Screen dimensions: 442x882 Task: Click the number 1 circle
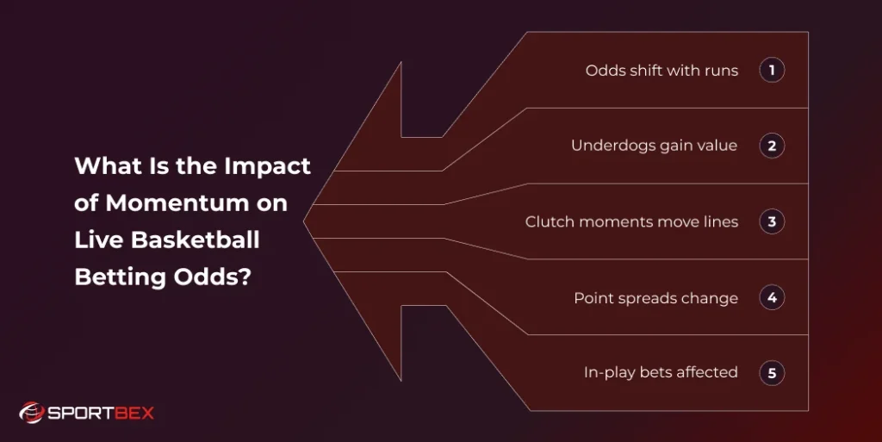click(x=772, y=70)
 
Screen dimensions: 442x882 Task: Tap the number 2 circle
click(x=772, y=146)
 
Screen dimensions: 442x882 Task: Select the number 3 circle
click(x=772, y=221)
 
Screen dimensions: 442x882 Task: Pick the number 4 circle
click(x=772, y=298)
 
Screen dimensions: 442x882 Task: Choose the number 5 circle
click(x=772, y=373)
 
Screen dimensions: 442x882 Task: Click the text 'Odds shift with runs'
click(x=661, y=71)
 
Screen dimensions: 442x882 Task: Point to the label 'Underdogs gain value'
click(x=654, y=146)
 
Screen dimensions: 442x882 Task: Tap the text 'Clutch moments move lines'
click(x=631, y=221)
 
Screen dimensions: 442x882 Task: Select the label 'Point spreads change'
click(x=655, y=298)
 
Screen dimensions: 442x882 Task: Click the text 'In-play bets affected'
click(x=661, y=373)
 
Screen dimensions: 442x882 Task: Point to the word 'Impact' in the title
click(x=268, y=166)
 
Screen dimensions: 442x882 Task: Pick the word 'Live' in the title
click(x=92, y=240)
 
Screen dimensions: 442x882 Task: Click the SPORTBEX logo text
click(x=101, y=414)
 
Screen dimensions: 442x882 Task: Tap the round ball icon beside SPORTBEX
click(x=31, y=414)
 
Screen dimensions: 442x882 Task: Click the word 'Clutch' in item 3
click(x=549, y=221)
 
